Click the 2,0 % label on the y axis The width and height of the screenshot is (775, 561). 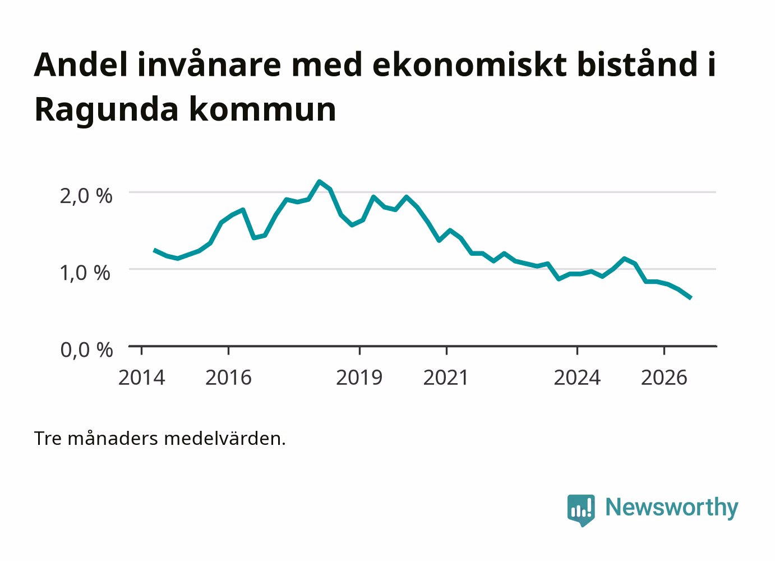tap(86, 196)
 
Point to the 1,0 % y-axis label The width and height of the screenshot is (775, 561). tap(85, 273)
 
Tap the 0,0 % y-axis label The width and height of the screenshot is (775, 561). tap(86, 350)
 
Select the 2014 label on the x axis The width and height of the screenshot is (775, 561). tap(141, 377)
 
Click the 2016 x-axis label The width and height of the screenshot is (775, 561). tap(228, 377)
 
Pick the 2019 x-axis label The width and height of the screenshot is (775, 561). tap(359, 377)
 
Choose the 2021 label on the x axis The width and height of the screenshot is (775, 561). tap(446, 377)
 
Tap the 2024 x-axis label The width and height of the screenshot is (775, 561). tap(577, 377)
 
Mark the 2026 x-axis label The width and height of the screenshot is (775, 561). tap(664, 377)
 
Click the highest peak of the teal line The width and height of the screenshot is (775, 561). tap(319, 181)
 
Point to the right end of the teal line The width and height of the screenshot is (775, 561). tap(690, 298)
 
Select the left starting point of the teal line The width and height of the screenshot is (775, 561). tap(154, 250)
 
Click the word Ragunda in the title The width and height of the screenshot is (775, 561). tap(107, 110)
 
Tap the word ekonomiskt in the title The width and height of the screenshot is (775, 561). tap(469, 65)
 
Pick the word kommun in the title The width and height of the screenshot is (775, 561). tap(262, 109)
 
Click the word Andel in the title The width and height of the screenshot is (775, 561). tap(81, 65)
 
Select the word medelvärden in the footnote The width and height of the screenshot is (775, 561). tap(225, 439)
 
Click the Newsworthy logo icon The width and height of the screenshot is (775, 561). tap(581, 510)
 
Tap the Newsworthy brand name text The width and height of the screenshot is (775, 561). tap(672, 507)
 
